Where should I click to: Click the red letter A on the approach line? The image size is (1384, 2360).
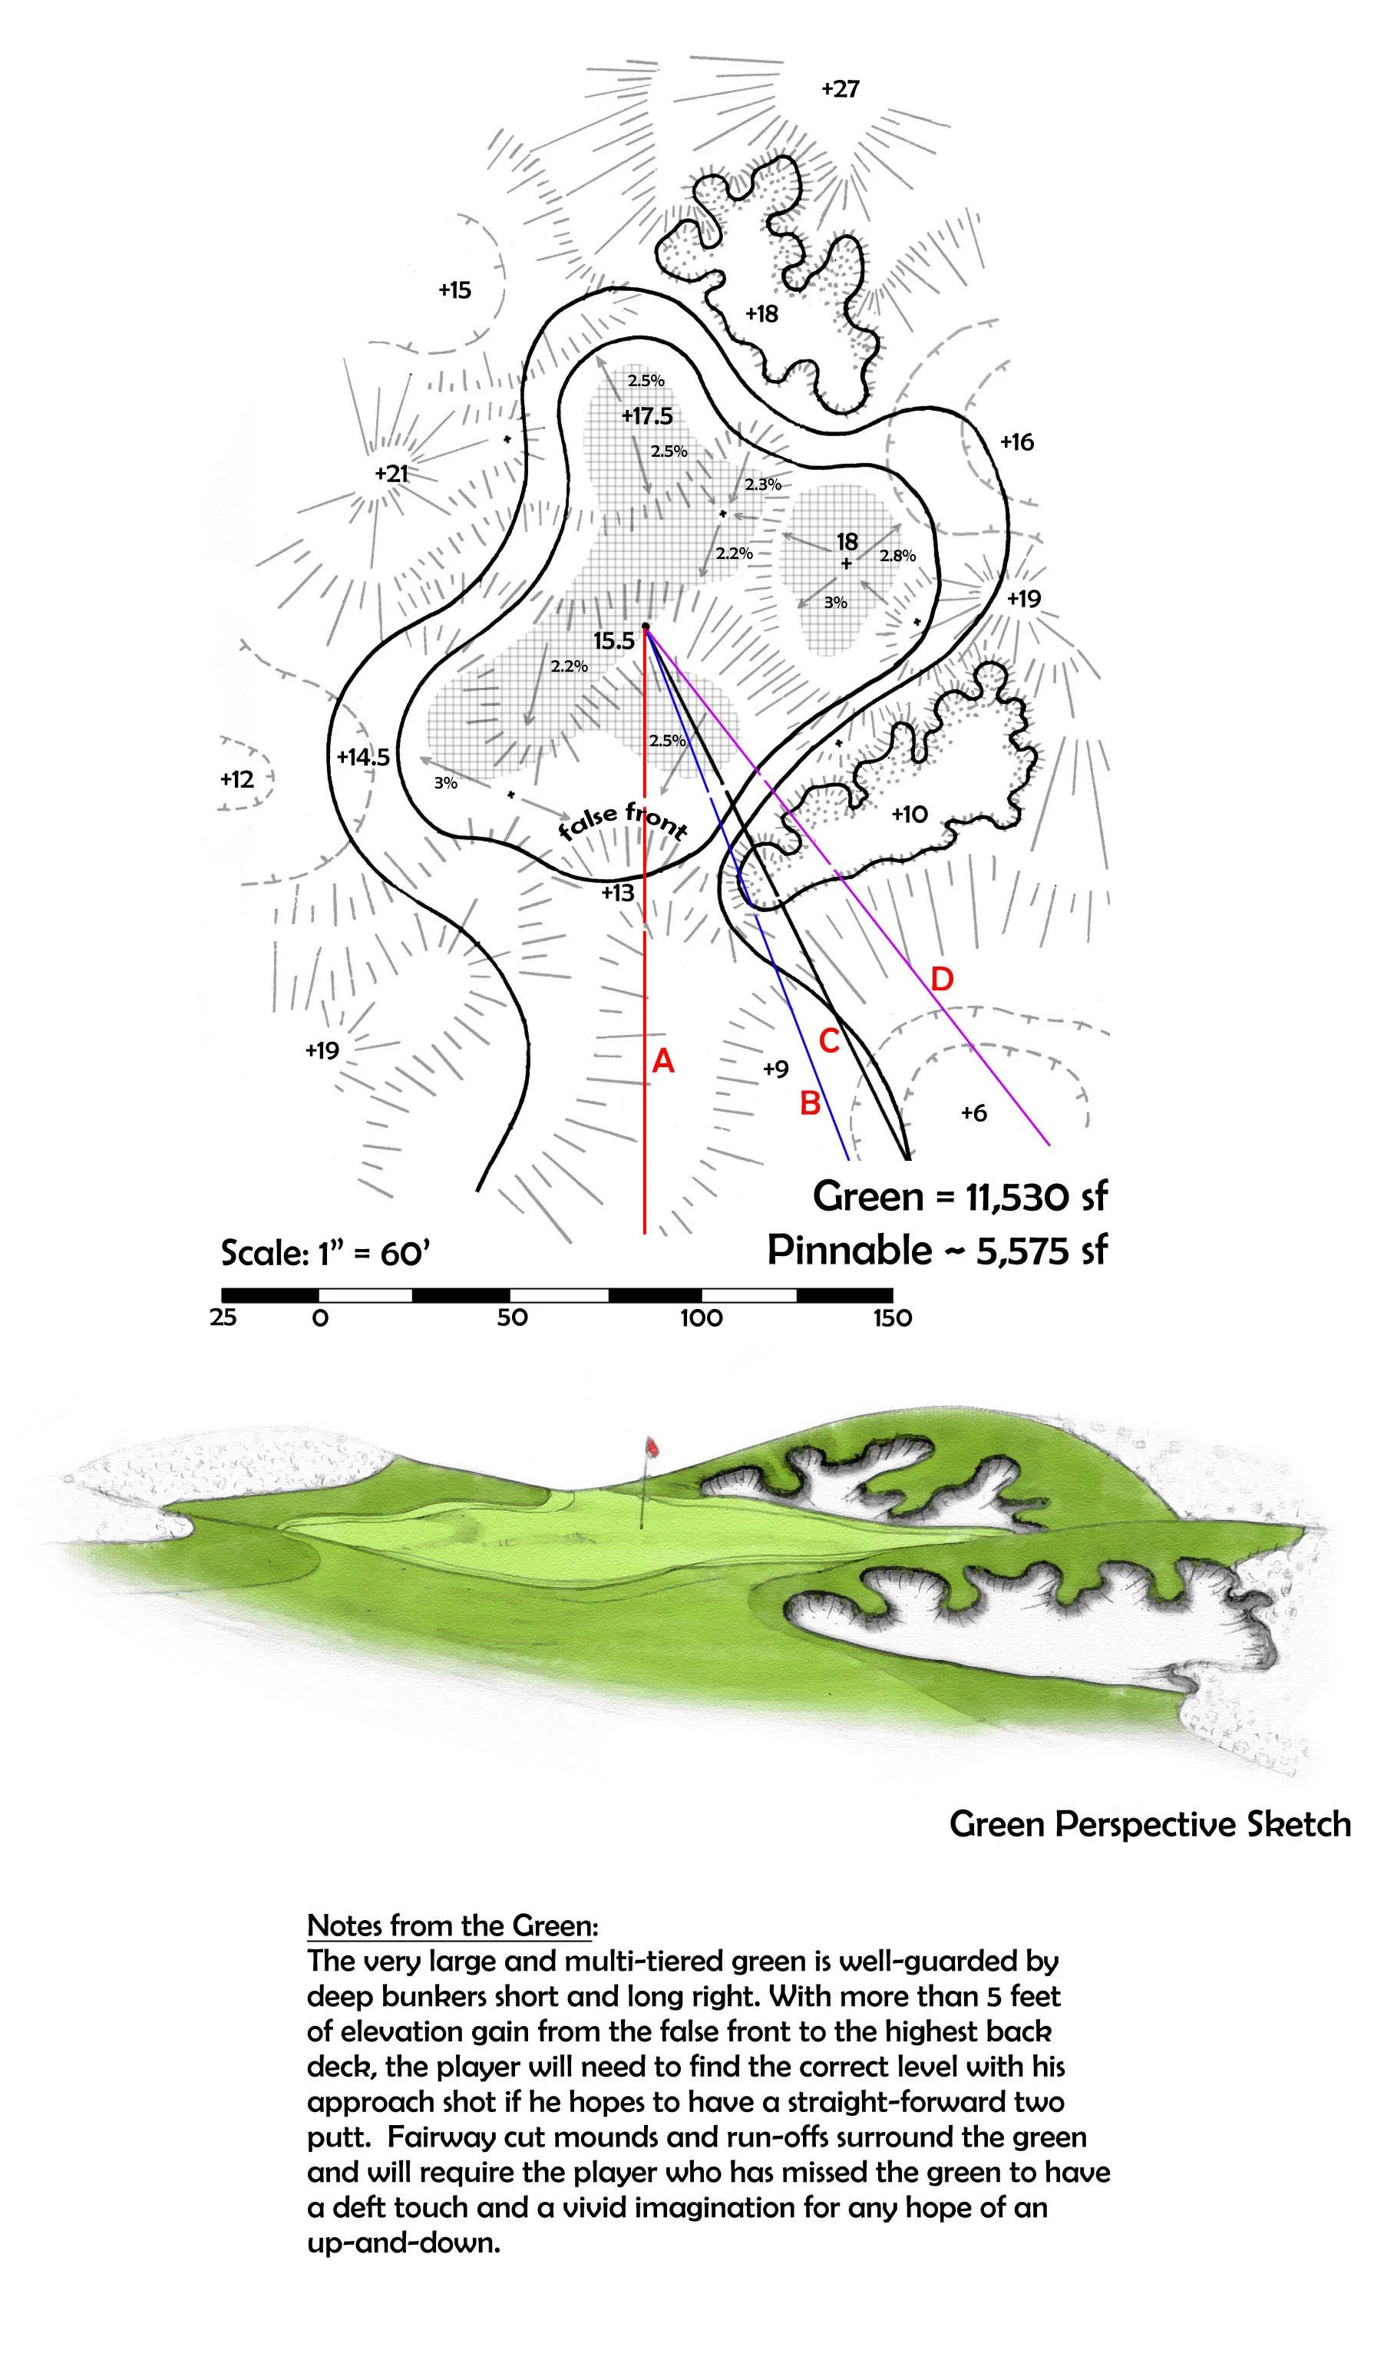663,1061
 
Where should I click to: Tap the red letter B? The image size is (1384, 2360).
810,1103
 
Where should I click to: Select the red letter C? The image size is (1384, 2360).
829,1040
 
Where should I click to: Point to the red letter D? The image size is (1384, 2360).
942,980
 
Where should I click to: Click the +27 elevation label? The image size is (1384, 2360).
840,89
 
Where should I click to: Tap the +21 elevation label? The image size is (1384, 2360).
391,474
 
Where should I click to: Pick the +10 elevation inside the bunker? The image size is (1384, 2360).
910,814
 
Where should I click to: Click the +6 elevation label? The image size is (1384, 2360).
974,1112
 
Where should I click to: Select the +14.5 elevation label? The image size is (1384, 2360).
363,757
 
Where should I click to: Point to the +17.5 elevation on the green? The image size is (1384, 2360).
647,416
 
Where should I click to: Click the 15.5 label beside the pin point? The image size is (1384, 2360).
613,642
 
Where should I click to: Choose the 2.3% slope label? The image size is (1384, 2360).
762,485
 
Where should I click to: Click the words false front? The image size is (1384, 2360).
623,821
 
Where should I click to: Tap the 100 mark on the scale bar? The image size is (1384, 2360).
702,1319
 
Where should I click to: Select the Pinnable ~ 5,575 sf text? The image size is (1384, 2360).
936,1250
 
